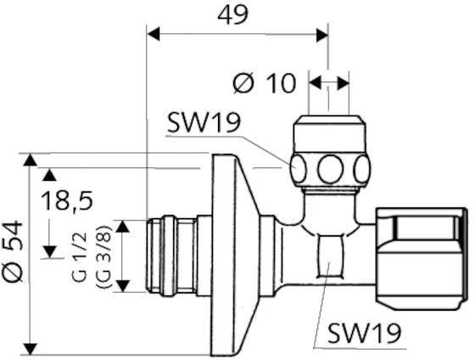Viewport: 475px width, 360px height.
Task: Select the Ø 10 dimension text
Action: (x=264, y=83)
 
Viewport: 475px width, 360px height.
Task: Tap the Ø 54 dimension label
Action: (x=12, y=251)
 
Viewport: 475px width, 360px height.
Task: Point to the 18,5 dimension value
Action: (x=67, y=200)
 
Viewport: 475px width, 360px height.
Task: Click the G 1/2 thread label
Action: (x=81, y=257)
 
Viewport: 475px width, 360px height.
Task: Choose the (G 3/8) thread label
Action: (x=103, y=257)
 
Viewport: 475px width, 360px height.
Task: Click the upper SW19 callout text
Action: (x=204, y=123)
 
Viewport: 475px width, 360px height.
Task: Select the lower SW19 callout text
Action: (x=365, y=333)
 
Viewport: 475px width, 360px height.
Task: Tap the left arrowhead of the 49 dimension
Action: (x=154, y=34)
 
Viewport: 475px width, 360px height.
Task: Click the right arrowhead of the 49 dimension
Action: (x=322, y=35)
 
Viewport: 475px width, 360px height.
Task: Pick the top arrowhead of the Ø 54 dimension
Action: (x=30, y=160)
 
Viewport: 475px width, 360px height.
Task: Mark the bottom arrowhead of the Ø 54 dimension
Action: (x=30, y=348)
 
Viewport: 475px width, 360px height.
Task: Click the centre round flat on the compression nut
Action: (x=330, y=169)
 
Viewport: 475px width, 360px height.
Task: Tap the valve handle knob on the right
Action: (x=422, y=259)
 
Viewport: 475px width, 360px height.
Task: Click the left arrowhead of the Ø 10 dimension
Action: (x=315, y=83)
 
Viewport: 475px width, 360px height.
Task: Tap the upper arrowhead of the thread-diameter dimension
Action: (x=123, y=226)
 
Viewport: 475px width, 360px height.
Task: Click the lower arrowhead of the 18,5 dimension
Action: (x=49, y=251)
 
